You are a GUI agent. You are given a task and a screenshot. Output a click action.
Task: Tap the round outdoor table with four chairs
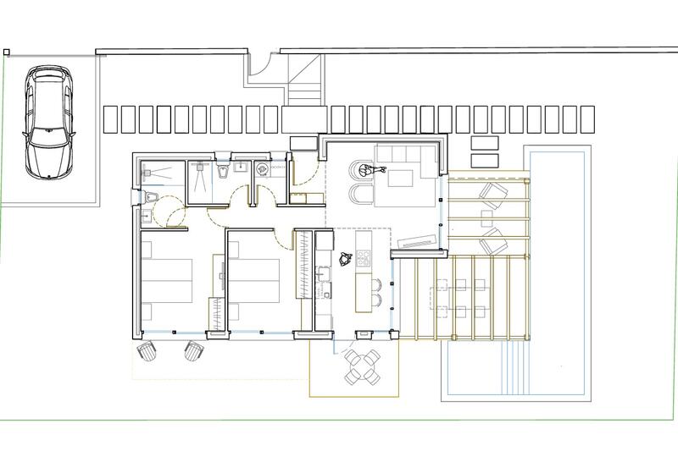tap(362, 366)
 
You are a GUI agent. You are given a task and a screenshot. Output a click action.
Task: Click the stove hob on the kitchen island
tap(364, 256)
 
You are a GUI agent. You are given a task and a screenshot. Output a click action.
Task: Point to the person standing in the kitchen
tap(346, 259)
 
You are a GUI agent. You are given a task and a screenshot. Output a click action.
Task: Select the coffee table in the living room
tap(398, 178)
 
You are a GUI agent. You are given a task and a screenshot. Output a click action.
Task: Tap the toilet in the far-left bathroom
tap(149, 197)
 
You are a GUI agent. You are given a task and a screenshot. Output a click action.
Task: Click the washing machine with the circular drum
tap(263, 169)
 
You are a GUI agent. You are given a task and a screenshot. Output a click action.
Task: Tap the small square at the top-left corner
tap(7, 52)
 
